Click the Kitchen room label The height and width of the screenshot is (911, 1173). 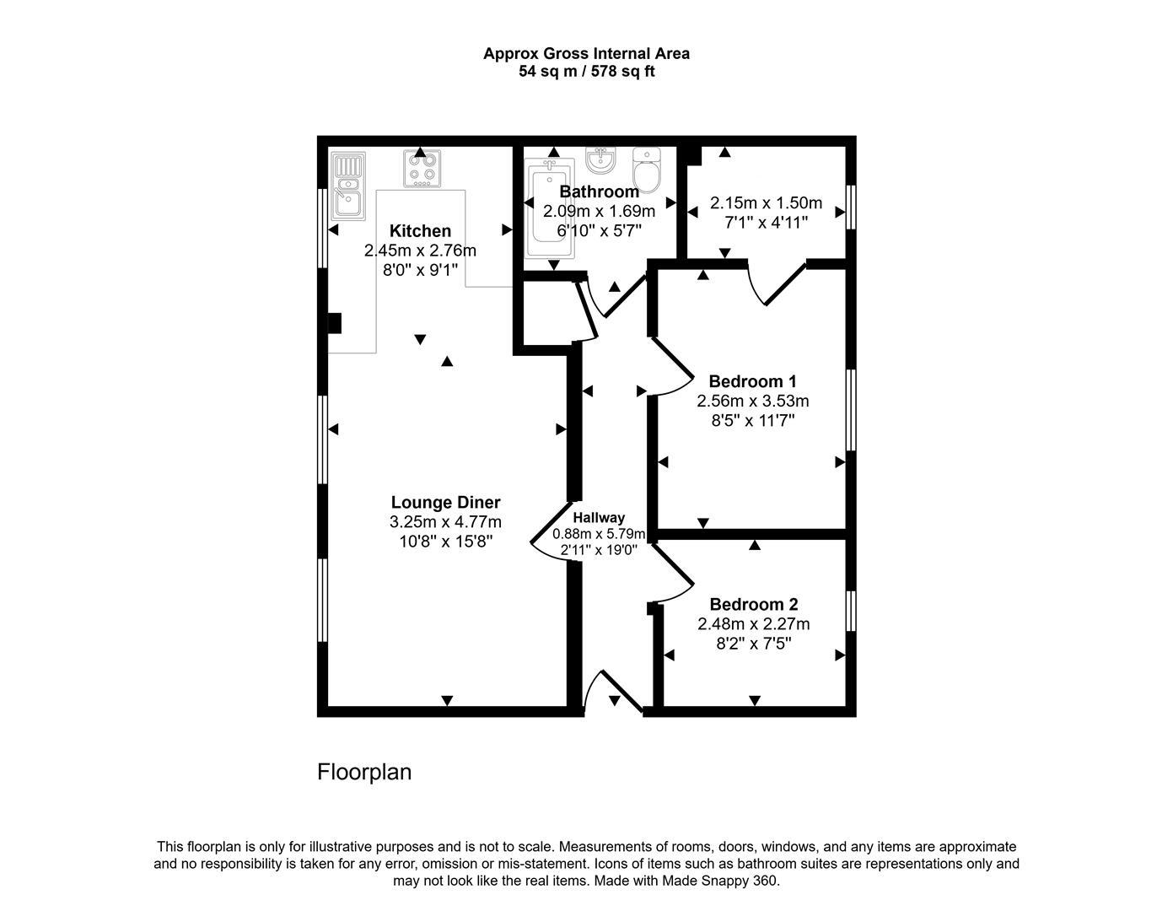[x=420, y=231]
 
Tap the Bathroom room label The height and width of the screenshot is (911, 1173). [x=599, y=191]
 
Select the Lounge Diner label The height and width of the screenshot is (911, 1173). [x=445, y=503]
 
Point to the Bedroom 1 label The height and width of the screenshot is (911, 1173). [x=752, y=381]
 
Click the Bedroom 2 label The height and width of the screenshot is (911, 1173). [x=753, y=605]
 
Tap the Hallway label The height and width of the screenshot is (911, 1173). [x=599, y=518]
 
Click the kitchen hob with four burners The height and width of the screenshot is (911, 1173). [x=422, y=167]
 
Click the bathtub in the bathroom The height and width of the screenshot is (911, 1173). [x=549, y=211]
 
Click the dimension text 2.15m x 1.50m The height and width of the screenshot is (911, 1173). [x=766, y=203]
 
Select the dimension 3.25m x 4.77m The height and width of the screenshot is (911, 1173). [x=445, y=522]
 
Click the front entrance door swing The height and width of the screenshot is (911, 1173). [x=614, y=692]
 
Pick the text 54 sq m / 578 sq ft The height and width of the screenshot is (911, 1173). [x=586, y=72]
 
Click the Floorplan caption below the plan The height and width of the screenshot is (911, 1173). [x=364, y=772]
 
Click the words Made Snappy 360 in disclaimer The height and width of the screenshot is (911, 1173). [x=720, y=881]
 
